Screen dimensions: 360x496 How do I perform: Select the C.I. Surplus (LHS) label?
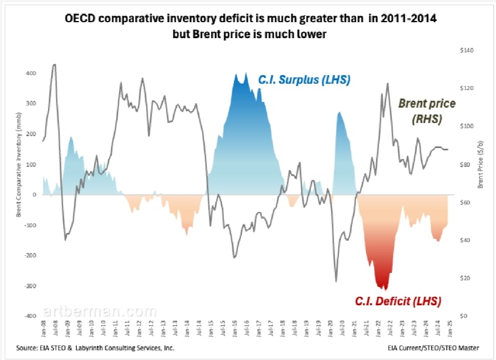coord(304,80)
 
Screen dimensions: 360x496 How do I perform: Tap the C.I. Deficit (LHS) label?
coord(398,300)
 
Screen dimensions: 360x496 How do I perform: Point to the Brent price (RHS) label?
coord(426,112)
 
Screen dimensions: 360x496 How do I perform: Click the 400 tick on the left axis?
coord(30,73)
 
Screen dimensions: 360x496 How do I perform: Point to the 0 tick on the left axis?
coord(34,195)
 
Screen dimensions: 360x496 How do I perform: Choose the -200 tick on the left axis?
coord(29,255)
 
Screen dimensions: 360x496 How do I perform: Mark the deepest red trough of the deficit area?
coord(383,289)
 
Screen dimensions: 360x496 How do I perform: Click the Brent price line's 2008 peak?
coord(54,64)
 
